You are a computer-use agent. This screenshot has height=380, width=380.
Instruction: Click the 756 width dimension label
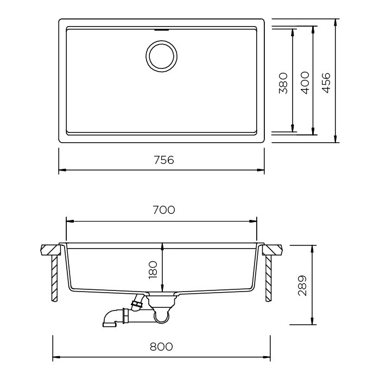point(164,160)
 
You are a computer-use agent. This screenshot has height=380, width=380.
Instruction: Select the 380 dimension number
point(283,83)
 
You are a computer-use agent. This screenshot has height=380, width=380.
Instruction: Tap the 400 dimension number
point(305,83)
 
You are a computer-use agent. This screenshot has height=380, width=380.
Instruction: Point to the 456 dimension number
point(326,83)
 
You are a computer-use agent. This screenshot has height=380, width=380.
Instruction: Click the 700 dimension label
point(164,210)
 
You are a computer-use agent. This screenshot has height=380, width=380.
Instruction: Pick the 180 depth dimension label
point(153,270)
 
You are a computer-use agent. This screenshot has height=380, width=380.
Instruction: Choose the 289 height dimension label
point(302,286)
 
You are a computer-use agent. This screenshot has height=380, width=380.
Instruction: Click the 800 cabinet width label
point(161,346)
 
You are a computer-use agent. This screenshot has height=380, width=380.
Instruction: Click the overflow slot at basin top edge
point(161,30)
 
